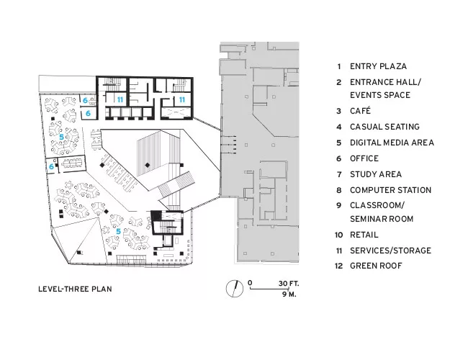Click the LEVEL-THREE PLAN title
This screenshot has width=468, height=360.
tap(75, 289)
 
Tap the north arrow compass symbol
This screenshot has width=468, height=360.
tap(234, 289)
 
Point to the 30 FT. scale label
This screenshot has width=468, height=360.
tap(289, 283)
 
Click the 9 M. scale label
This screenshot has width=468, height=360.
tap(289, 294)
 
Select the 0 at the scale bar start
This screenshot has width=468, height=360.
tap(250, 283)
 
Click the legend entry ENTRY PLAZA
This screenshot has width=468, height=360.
tap(378, 66)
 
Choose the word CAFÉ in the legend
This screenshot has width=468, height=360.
tap(360, 111)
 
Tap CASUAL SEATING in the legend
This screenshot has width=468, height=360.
tap(384, 127)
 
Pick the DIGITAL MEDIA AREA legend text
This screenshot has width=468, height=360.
tap(392, 143)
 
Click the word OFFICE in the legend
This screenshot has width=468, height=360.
tap(364, 158)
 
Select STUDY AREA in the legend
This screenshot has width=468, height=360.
tap(376, 174)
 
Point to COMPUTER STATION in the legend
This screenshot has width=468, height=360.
tap(391, 190)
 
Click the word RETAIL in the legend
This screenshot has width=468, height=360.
tap(364, 235)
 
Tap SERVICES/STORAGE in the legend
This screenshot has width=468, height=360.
tap(391, 251)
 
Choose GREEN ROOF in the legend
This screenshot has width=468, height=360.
tap(376, 266)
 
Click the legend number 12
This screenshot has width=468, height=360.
tap(338, 266)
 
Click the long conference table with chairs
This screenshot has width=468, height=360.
tap(71, 163)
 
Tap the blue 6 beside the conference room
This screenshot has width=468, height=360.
tap(51, 166)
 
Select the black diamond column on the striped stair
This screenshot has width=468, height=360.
tap(147, 165)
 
